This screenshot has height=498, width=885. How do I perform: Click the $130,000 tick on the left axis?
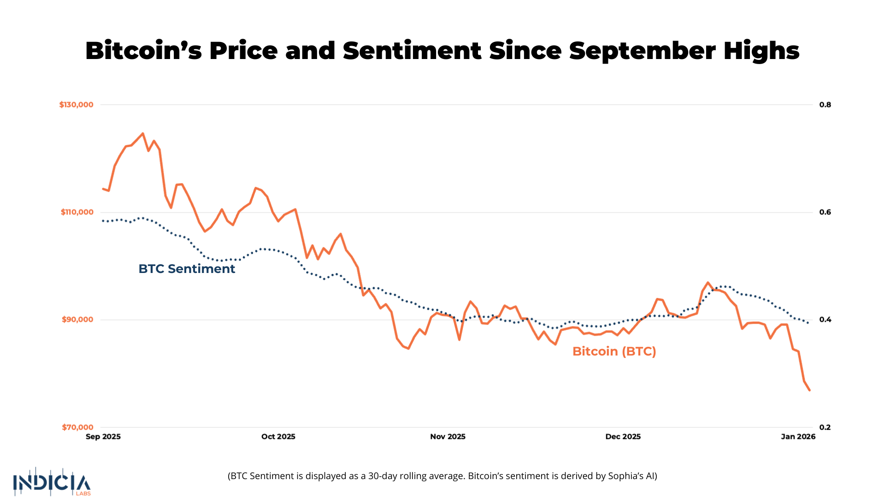point(76,105)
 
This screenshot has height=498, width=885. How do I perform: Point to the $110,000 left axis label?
point(77,212)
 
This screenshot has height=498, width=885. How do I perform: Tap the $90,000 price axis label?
point(77,320)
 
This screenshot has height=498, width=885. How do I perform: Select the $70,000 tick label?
point(77,427)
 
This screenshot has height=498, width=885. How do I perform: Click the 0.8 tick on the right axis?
point(825,105)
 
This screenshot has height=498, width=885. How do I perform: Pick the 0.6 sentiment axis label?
point(825,212)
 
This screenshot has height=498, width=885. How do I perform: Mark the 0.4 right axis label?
point(825,320)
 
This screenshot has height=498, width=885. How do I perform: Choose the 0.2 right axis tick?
point(825,427)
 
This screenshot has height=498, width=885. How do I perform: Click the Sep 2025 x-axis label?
point(103,437)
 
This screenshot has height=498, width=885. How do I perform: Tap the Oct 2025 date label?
point(278,437)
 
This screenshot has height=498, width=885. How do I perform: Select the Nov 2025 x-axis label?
point(448,437)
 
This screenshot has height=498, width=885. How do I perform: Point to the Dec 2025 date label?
point(623,437)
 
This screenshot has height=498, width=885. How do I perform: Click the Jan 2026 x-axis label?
point(798,437)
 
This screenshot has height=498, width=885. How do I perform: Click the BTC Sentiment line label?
point(187,269)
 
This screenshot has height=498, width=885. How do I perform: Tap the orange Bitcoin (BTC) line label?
point(614,351)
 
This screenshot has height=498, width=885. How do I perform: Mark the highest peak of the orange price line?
point(142,134)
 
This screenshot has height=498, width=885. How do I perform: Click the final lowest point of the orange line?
point(809,390)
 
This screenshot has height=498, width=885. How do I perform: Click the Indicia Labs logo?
point(52,482)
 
